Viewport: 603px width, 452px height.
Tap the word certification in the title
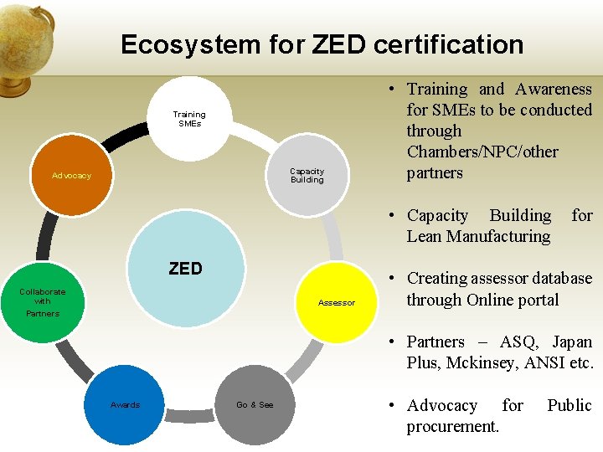pos(448,44)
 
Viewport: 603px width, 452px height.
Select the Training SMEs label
pos(189,119)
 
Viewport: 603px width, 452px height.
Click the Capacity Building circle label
pos(307,175)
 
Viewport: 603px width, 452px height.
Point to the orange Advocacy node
pos(72,176)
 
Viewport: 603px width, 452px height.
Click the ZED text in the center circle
pos(185,269)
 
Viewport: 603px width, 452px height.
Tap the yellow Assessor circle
pos(337,302)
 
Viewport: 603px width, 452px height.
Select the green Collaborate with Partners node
pos(43,302)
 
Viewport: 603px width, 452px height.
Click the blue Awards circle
pos(126,405)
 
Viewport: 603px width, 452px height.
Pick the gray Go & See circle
pos(255,405)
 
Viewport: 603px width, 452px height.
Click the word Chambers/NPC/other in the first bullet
pos(482,152)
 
